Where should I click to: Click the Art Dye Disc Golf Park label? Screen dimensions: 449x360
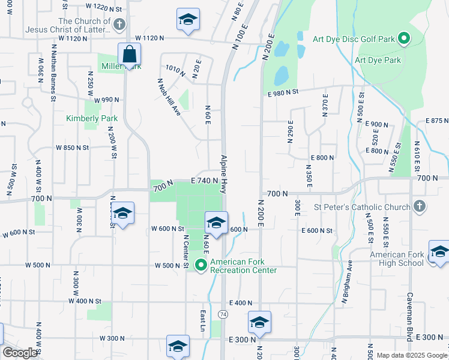coord(354,40)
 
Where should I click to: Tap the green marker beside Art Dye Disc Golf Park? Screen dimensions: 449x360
coord(404,40)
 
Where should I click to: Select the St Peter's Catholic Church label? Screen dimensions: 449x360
coord(362,208)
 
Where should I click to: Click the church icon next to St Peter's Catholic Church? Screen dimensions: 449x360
coord(420,207)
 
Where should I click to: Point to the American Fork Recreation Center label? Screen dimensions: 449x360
coord(243,266)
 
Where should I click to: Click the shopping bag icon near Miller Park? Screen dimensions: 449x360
coord(130,54)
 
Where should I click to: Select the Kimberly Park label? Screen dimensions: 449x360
coord(92,118)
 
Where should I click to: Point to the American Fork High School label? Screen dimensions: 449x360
coord(397,259)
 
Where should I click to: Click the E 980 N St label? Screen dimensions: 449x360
coord(283,92)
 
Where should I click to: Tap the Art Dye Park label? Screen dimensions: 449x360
coord(378,61)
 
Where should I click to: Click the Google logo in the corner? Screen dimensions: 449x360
coord(20,353)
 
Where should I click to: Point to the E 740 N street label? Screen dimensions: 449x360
coord(203,181)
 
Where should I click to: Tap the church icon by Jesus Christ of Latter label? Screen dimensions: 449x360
coord(119,25)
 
